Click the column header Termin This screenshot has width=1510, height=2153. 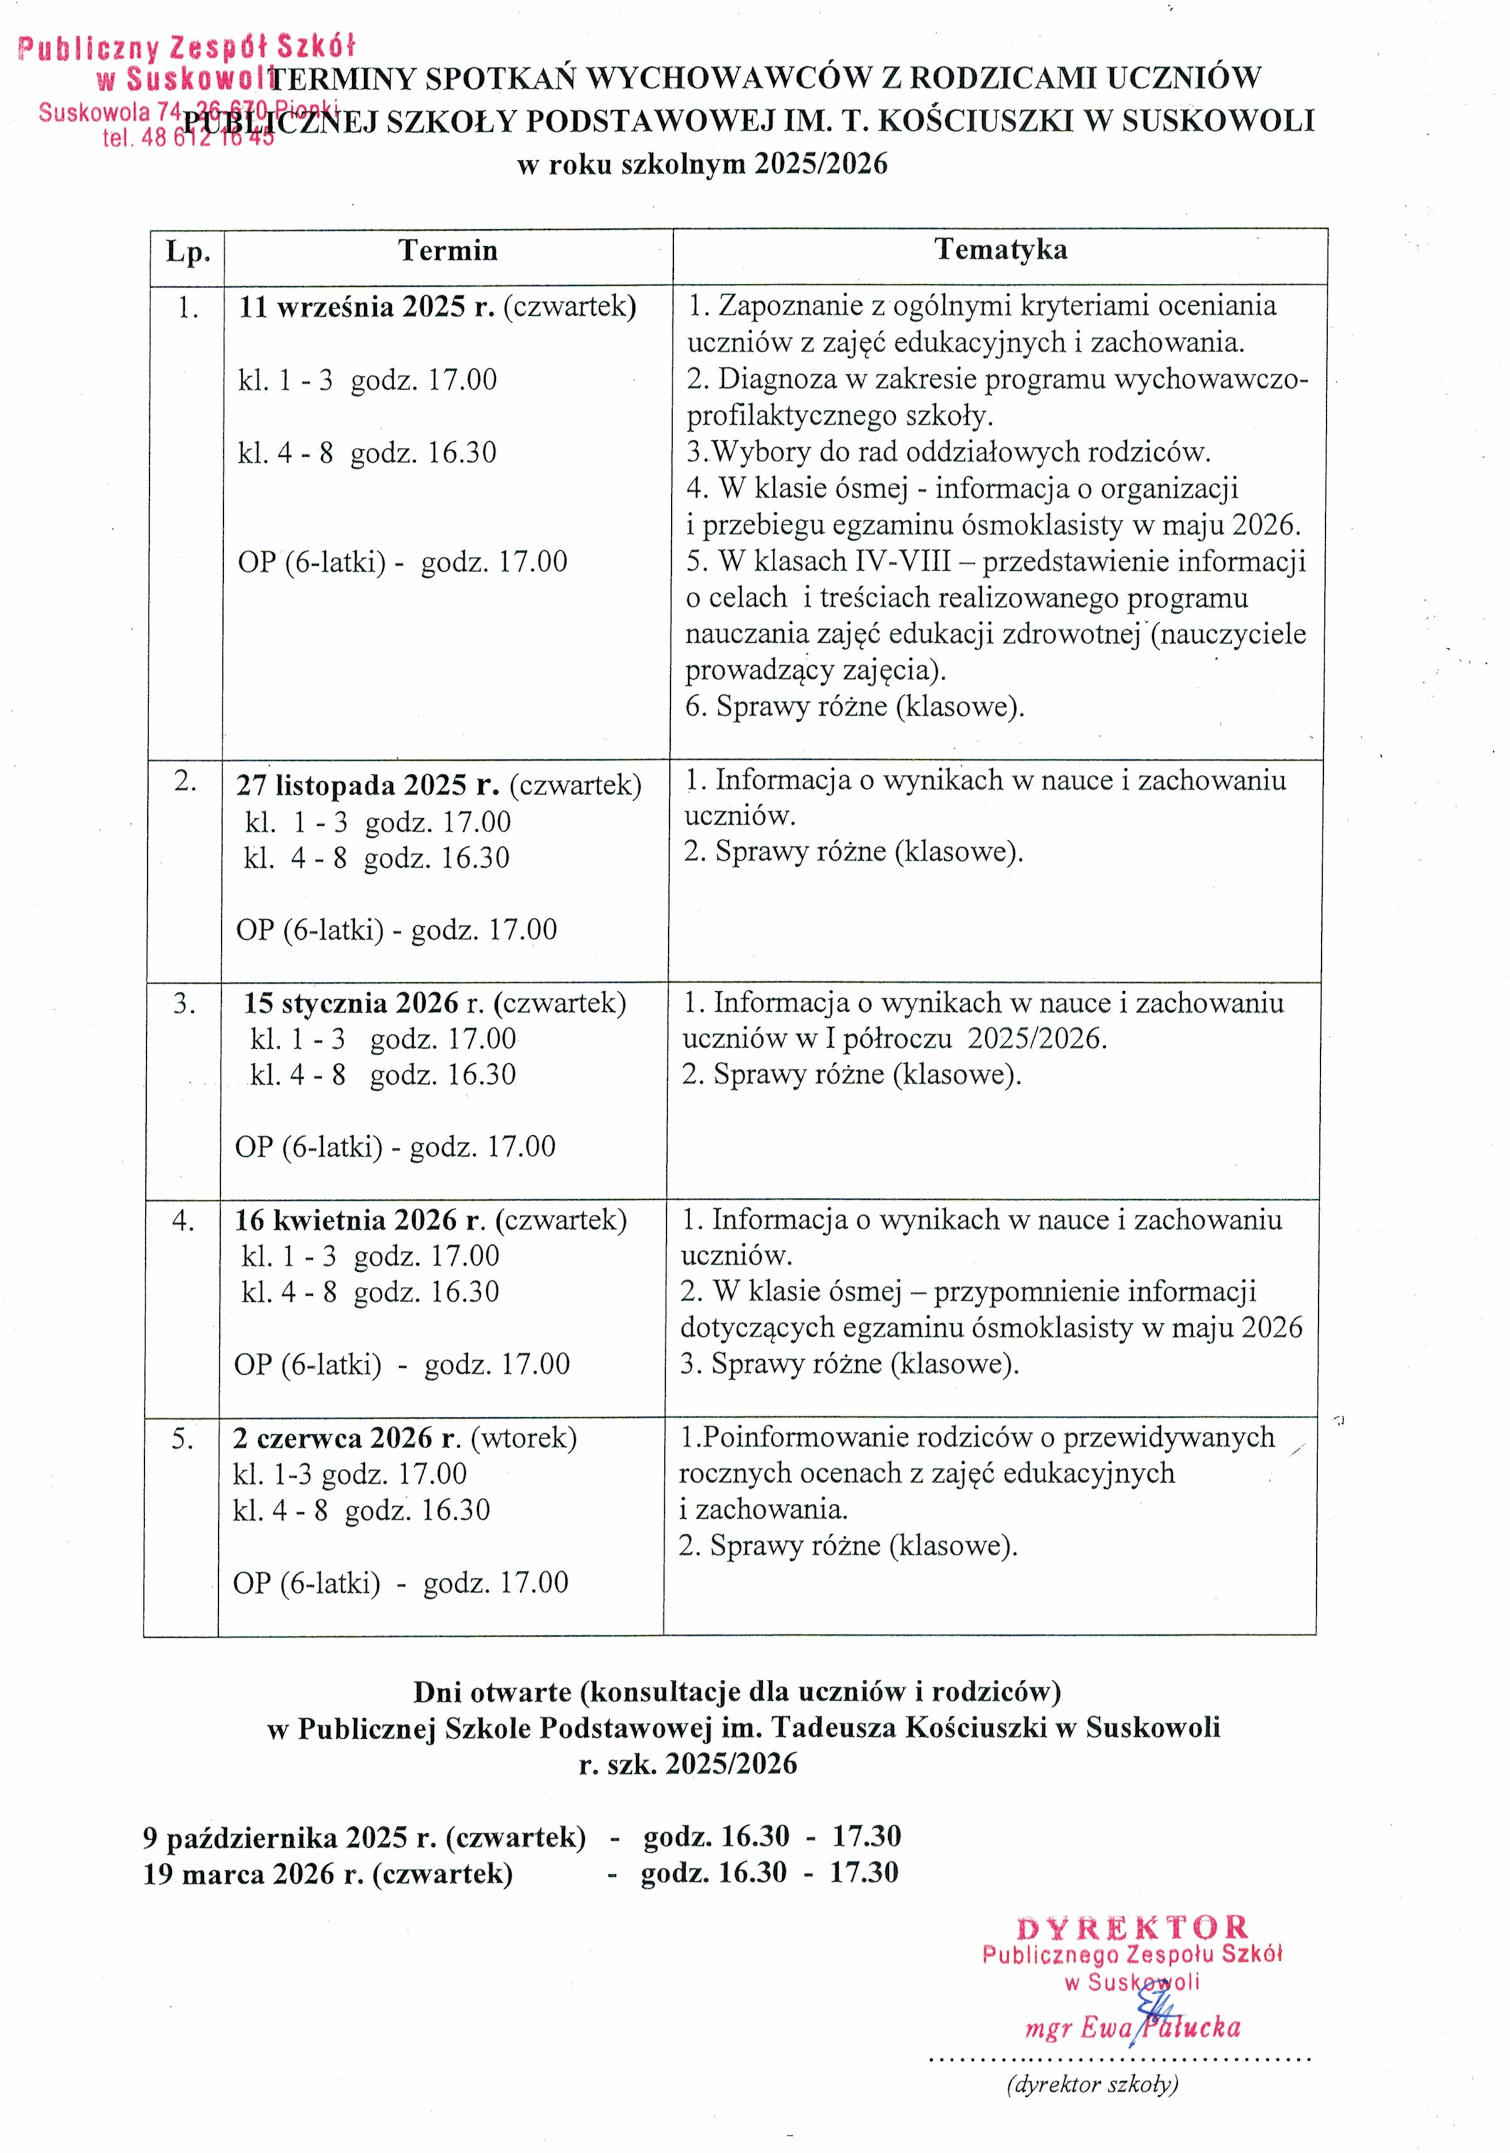[x=448, y=251]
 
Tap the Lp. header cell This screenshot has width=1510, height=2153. [x=187, y=253]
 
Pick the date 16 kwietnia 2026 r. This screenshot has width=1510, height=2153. [x=359, y=1220]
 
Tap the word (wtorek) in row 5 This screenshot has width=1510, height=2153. [x=523, y=1437]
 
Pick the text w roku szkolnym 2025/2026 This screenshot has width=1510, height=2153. [x=701, y=164]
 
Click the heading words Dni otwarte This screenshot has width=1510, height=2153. [x=493, y=1692]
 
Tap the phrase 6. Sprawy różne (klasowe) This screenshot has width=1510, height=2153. [x=854, y=706]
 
